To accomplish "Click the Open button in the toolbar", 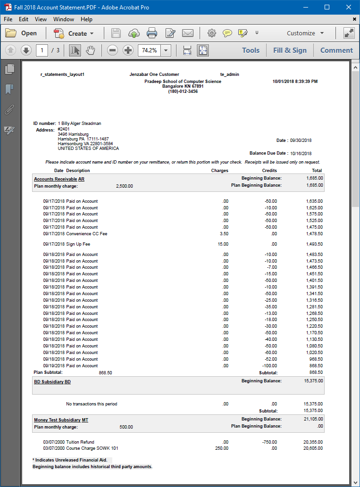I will (21, 33).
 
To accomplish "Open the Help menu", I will (86, 19).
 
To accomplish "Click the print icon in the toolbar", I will (151, 33).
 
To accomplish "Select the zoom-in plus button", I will (128, 50).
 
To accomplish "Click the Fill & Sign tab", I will (290, 50).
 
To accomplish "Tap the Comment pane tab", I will (336, 50).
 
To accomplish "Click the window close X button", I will (348, 7).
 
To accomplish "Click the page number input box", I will (42, 50).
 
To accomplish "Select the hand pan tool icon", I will (91, 50).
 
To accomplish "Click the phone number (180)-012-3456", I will (183, 91).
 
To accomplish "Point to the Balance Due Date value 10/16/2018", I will (301, 153).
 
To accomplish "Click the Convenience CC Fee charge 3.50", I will (224, 234).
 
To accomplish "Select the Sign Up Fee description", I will (78, 244).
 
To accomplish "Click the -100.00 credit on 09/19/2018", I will (270, 366).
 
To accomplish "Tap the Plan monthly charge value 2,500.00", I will (124, 186).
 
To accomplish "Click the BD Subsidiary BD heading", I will (52, 381).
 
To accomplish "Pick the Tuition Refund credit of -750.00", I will (270, 442).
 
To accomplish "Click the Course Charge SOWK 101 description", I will (92, 448).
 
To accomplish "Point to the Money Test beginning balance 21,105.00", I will (313, 419).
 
